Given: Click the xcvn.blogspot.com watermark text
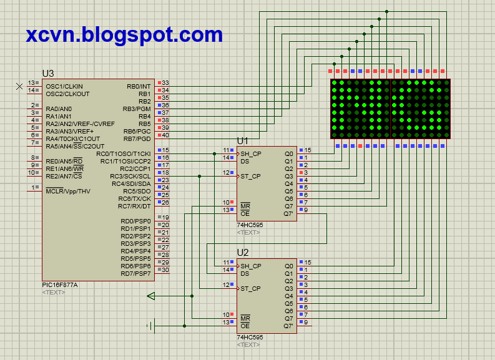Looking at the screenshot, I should click(124, 34).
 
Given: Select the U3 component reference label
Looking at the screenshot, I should click(48, 74).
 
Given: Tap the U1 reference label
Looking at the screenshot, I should click(242, 141).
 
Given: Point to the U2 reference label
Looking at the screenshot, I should click(243, 253).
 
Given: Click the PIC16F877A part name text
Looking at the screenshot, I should click(59, 285).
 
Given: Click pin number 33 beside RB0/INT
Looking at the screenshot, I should click(165, 83).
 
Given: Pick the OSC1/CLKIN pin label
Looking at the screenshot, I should click(64, 86).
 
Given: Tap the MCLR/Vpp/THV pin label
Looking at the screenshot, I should click(67, 191).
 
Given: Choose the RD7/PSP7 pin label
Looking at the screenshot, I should click(136, 273).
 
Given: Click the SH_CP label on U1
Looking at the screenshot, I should click(251, 153).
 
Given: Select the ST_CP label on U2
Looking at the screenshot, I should click(251, 288).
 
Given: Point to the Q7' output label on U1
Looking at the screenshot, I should click(288, 213).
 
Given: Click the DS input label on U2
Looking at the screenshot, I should click(245, 273).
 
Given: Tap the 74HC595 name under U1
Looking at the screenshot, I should click(250, 225).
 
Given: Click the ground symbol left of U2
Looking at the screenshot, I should click(150, 325).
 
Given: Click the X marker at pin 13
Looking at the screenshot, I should click(19, 86).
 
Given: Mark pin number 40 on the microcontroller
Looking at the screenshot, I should click(165, 135).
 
